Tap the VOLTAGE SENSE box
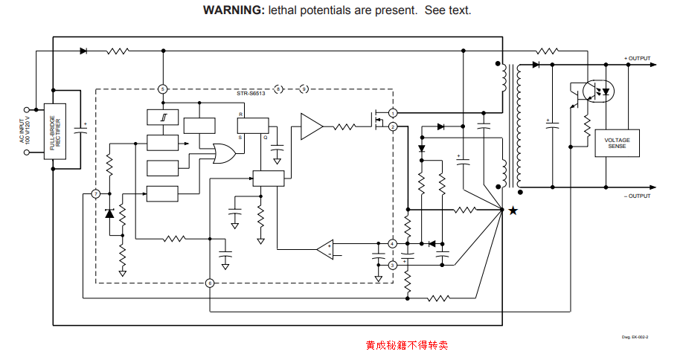[617, 144]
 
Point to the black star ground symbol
[513, 210]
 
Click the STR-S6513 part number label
[250, 94]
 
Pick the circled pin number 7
[95, 194]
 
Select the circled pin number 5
[163, 89]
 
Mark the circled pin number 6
[210, 283]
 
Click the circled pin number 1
[392, 112]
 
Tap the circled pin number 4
[392, 243]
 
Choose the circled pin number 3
[392, 265]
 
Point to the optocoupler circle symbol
[597, 90]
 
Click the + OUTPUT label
[637, 59]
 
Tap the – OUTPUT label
[637, 196]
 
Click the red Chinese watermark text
[407, 345]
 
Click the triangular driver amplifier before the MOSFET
[311, 126]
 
